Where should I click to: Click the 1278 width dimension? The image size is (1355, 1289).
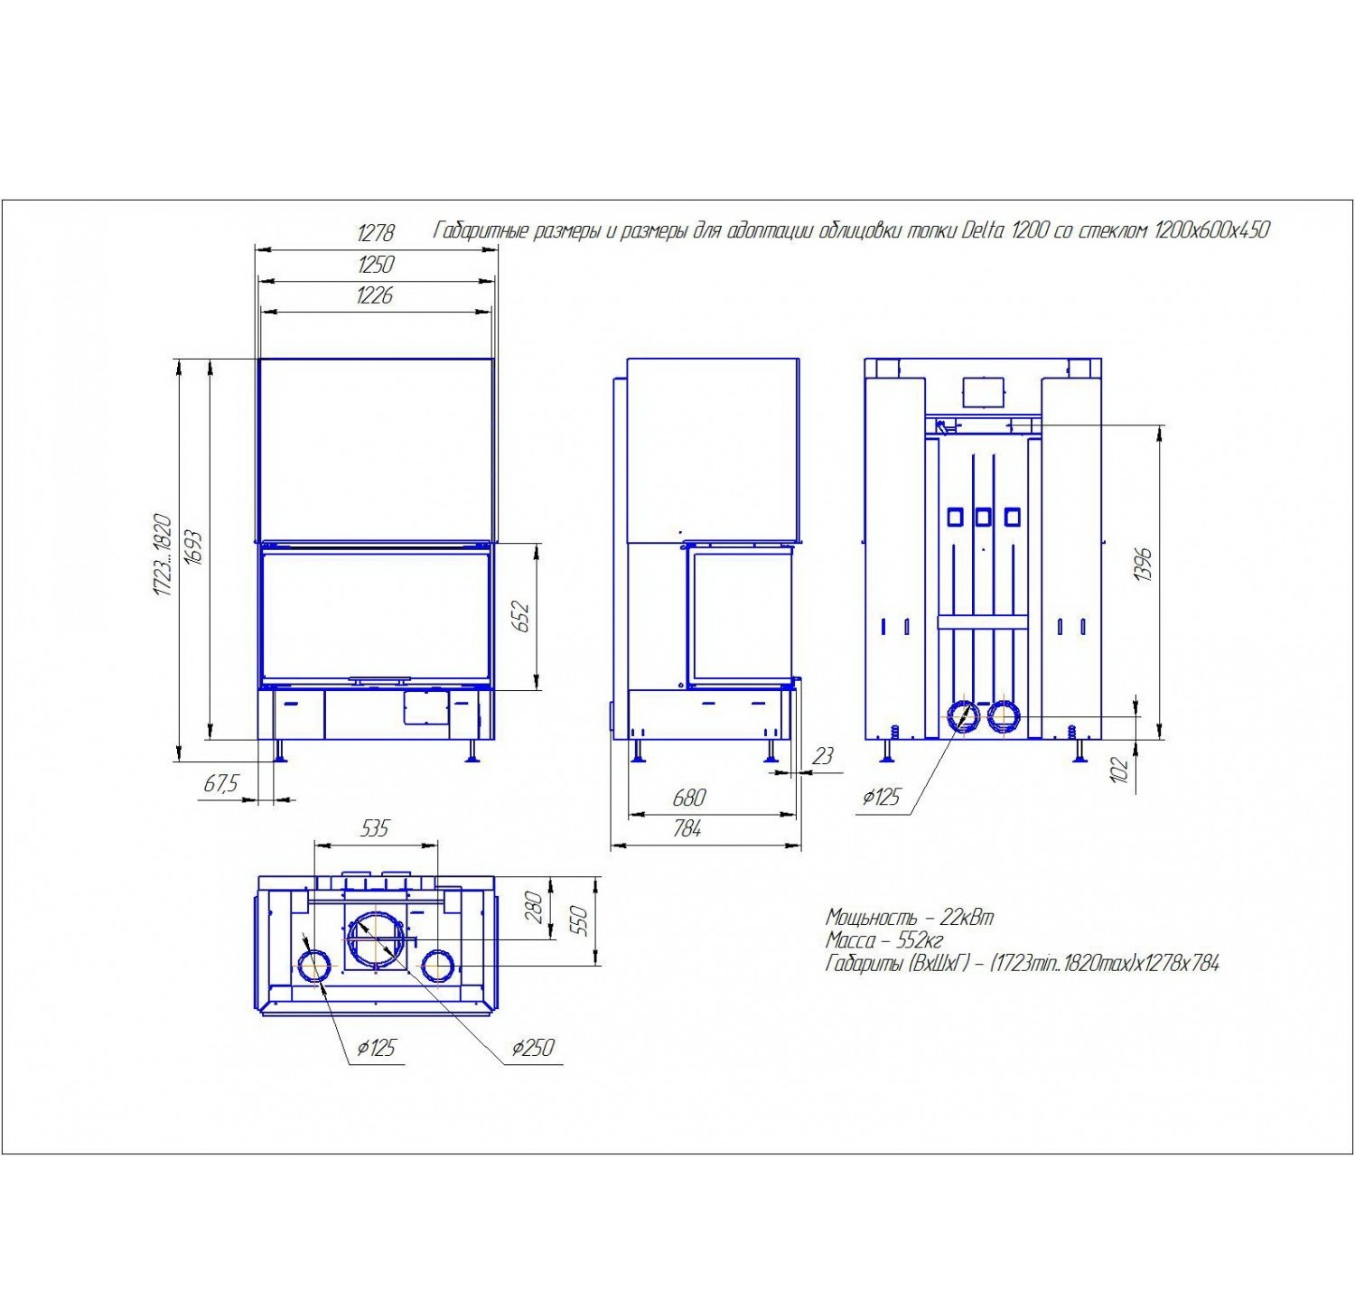click(x=376, y=233)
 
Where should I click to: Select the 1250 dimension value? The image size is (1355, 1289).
click(x=376, y=265)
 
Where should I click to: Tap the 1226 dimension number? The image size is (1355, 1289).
click(x=376, y=295)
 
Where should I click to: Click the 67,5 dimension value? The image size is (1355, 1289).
click(x=220, y=784)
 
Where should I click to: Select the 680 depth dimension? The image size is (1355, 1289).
click(x=688, y=798)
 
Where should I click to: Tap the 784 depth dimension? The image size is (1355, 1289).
click(x=687, y=828)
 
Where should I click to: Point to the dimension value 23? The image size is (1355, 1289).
click(x=823, y=757)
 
